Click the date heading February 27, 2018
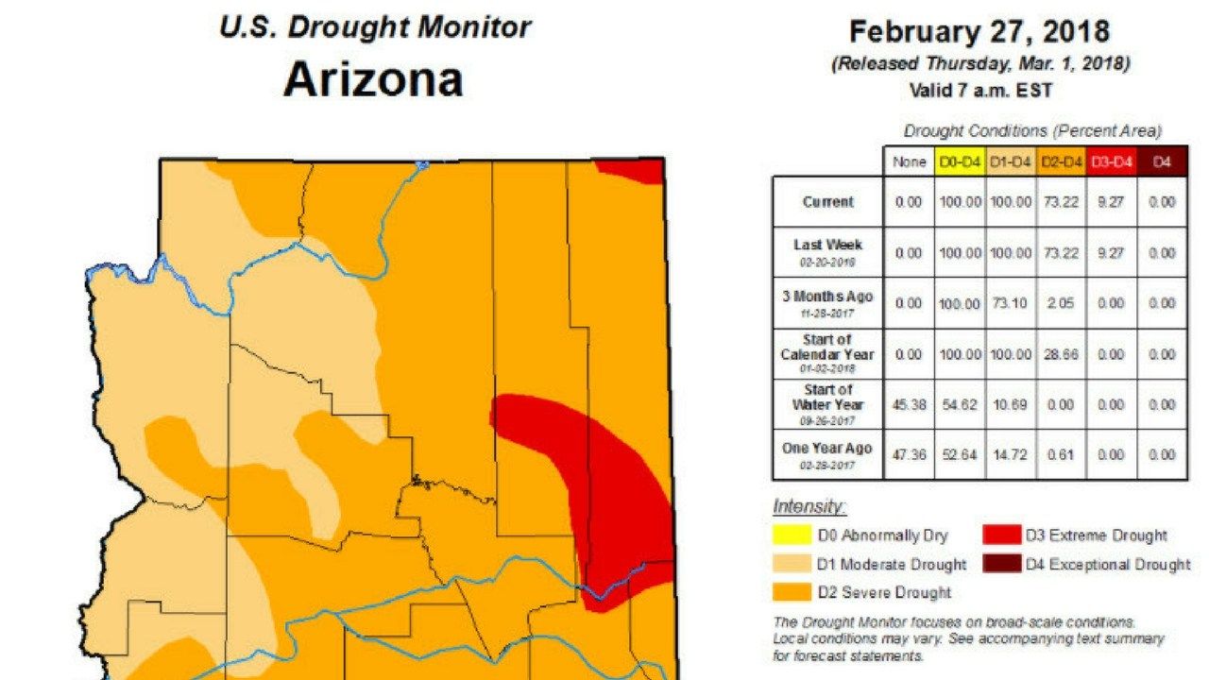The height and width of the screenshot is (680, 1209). [x=979, y=32]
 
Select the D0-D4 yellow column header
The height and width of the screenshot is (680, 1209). [x=959, y=162]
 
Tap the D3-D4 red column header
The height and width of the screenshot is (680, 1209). [x=1112, y=162]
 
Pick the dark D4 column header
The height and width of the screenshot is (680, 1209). [x=1162, y=162]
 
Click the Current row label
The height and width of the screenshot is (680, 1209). [x=827, y=202]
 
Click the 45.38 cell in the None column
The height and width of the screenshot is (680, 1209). [x=908, y=404]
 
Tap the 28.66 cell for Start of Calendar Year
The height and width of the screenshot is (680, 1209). [x=1061, y=354]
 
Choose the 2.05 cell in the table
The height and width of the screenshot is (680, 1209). [x=1061, y=303]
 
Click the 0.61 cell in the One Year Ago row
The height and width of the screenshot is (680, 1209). [x=1061, y=455]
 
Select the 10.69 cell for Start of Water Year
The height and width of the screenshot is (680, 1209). [x=1010, y=404]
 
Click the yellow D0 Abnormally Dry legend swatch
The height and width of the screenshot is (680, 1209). [x=792, y=535]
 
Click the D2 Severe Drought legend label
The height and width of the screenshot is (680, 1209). [x=884, y=592]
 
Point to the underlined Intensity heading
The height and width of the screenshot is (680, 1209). [x=795, y=506]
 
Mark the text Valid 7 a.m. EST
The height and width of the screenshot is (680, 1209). [x=979, y=92]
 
